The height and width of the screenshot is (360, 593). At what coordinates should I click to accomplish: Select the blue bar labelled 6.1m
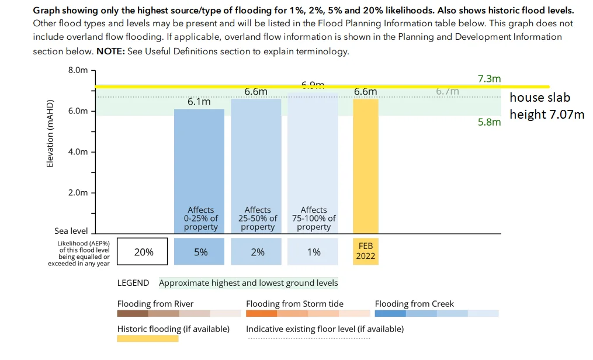199,158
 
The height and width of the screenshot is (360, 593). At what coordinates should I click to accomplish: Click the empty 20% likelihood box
143,252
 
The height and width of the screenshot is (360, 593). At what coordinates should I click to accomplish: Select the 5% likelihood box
199,252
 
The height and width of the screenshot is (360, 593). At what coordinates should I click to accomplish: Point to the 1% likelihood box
313,252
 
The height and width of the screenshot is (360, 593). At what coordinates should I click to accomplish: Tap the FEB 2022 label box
366,252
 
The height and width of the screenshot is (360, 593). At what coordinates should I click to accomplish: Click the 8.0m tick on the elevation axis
78,70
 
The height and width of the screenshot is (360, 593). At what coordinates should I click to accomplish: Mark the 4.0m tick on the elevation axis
78,152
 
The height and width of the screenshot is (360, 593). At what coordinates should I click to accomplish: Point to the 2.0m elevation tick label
78,193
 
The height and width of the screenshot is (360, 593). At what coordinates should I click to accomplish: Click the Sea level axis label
71,231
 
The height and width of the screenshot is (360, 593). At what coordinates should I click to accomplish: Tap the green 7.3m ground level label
489,79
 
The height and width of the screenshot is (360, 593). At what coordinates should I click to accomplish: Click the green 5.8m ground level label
489,123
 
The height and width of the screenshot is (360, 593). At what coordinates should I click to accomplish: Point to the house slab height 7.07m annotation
546,106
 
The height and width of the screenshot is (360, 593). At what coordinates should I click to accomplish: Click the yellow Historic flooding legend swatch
148,338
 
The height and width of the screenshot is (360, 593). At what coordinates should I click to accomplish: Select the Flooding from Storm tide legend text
294,304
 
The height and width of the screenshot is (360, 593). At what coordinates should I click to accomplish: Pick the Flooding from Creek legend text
414,304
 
